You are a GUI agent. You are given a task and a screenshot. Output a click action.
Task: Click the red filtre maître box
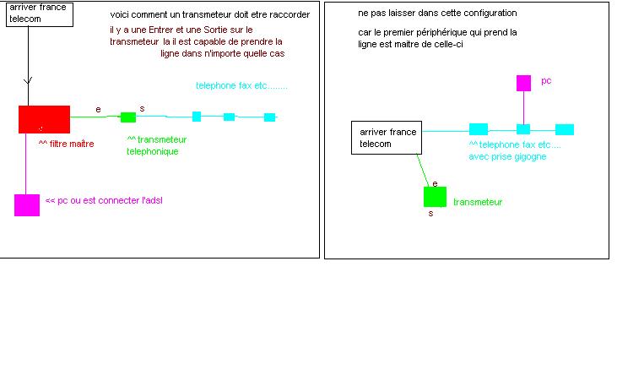pyautogui.click(x=44, y=119)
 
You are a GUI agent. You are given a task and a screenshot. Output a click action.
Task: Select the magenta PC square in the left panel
pyautogui.click(x=27, y=204)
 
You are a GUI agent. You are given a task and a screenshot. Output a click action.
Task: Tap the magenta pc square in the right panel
pyautogui.click(x=523, y=83)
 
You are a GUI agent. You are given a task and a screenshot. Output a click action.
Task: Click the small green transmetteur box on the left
pyautogui.click(x=128, y=117)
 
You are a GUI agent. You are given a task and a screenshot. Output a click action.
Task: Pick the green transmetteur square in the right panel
pyautogui.click(x=435, y=197)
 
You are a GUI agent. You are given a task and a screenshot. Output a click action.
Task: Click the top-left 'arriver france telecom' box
pyautogui.click(x=37, y=14)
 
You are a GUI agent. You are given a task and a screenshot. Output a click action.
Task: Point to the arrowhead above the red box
pyautogui.click(x=28, y=81)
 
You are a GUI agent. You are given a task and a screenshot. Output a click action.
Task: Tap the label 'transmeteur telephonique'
pyautogui.click(x=157, y=145)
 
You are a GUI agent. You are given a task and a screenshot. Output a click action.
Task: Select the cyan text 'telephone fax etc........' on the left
pyautogui.click(x=242, y=86)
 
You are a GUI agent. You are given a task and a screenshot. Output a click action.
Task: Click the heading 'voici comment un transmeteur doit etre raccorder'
pyautogui.click(x=209, y=16)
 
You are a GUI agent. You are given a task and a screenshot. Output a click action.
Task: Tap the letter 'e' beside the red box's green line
pyautogui.click(x=98, y=109)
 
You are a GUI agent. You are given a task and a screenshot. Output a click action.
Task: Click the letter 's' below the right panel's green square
pyautogui.click(x=430, y=214)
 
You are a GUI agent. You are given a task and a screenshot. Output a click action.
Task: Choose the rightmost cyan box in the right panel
pyautogui.click(x=565, y=129)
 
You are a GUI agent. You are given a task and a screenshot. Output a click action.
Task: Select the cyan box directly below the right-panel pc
pyautogui.click(x=523, y=129)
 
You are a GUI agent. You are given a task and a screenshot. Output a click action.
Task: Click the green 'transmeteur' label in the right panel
pyautogui.click(x=478, y=202)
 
